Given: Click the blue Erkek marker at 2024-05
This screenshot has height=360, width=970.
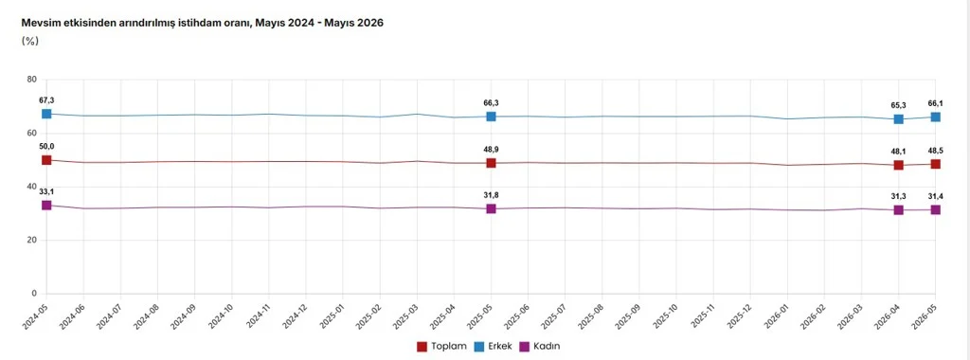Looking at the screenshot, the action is coord(46,114).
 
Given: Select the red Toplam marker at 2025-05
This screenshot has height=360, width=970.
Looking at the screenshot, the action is coord(492,163).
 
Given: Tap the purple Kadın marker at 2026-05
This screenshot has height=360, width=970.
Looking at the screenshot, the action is coord(936,209).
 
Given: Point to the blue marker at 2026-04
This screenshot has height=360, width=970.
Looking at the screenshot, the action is coord(899,118).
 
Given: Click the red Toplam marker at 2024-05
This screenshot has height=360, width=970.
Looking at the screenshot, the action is coord(46,160).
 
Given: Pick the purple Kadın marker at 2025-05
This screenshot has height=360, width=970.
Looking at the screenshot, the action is coord(492,208).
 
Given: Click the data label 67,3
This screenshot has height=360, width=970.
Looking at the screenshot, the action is coord(46,100).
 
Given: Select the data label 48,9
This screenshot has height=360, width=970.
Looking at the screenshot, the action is coord(492,149).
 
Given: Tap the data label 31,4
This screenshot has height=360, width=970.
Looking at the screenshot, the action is coord(936,196).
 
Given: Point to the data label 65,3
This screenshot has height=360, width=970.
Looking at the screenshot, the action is coord(899,105).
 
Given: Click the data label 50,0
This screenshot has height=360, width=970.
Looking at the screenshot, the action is coord(46,146).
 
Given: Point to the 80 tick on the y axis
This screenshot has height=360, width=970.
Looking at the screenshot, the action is coord(32,80).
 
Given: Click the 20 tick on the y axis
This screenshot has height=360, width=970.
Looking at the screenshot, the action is coord(32,240).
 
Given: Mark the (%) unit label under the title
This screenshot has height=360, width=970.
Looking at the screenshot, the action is coord(30,41).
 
